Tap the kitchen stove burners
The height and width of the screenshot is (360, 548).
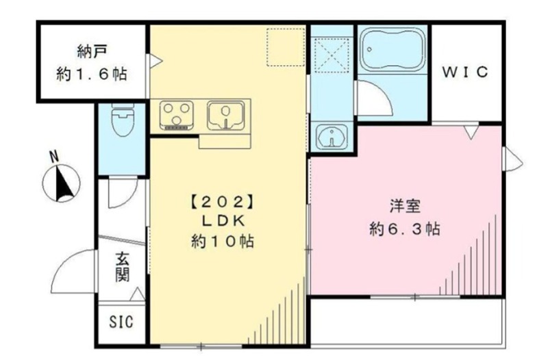tap(177, 114)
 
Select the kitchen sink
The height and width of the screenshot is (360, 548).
tap(225, 114)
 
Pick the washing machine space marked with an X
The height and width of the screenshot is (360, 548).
tap(332, 55)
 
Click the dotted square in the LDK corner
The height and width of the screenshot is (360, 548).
tap(285, 47)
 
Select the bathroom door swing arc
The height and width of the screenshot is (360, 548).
tap(373, 99)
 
